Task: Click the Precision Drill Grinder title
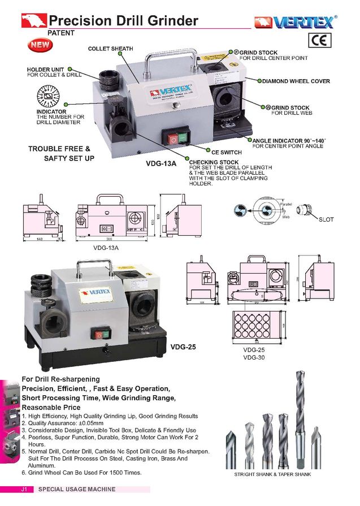(x=123, y=21)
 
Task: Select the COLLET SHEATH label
(x=110, y=49)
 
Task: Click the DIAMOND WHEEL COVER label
(x=296, y=81)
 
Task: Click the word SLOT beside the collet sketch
(x=326, y=219)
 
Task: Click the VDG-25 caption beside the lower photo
(x=183, y=347)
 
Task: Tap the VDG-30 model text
(x=254, y=357)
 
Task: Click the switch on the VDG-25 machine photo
(x=103, y=334)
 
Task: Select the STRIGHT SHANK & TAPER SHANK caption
(x=272, y=474)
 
